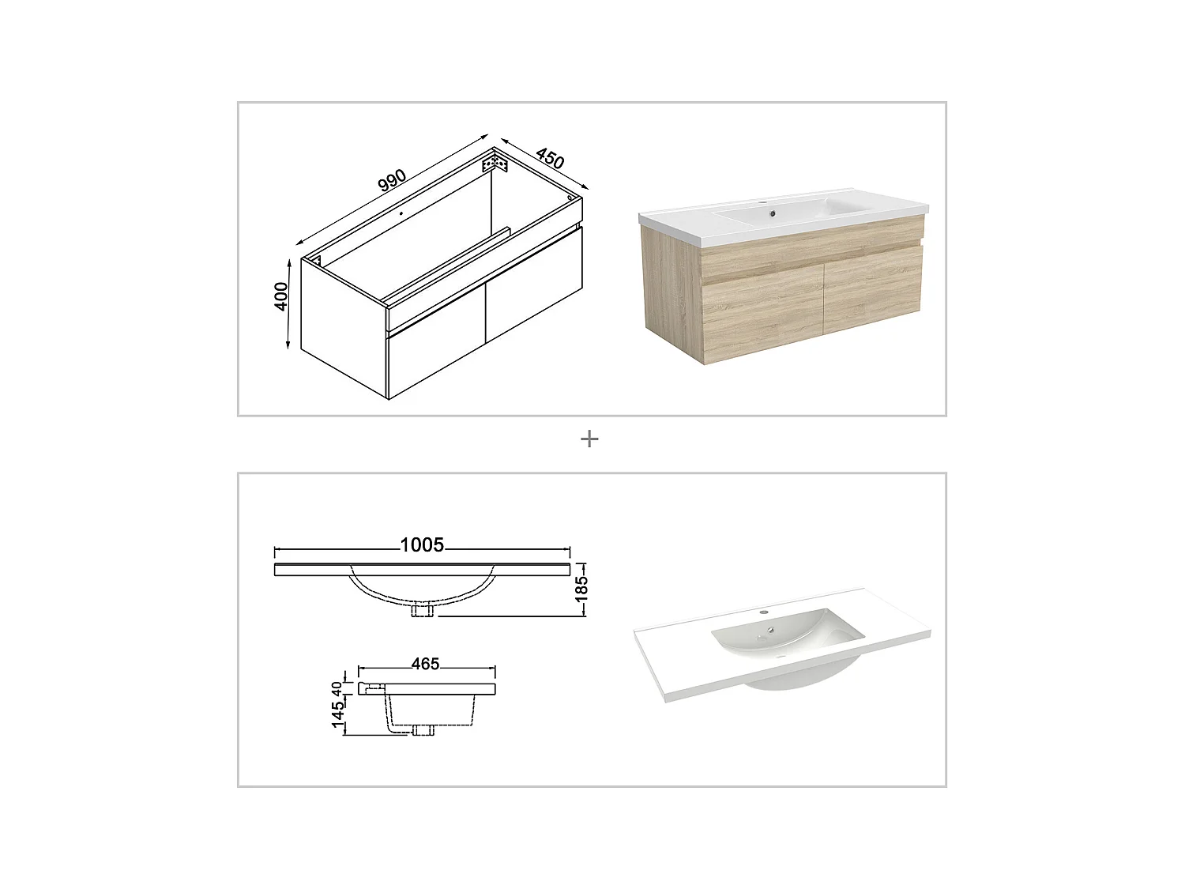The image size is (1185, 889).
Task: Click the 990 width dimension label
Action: click(x=392, y=180)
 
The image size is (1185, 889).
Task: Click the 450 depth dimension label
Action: click(x=549, y=158)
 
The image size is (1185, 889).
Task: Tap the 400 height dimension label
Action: click(x=282, y=296)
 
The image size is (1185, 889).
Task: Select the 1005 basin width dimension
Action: click(x=422, y=544)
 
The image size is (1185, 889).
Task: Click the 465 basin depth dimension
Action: click(x=425, y=664)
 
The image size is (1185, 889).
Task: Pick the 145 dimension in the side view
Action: click(x=338, y=714)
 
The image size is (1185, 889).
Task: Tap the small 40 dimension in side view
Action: click(x=338, y=688)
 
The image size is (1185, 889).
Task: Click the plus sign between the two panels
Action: click(x=589, y=439)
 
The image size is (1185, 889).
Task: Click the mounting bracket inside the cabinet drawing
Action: click(x=495, y=164)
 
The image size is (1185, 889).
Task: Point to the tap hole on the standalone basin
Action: click(x=764, y=612)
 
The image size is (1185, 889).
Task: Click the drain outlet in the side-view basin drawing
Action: click(x=423, y=731)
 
